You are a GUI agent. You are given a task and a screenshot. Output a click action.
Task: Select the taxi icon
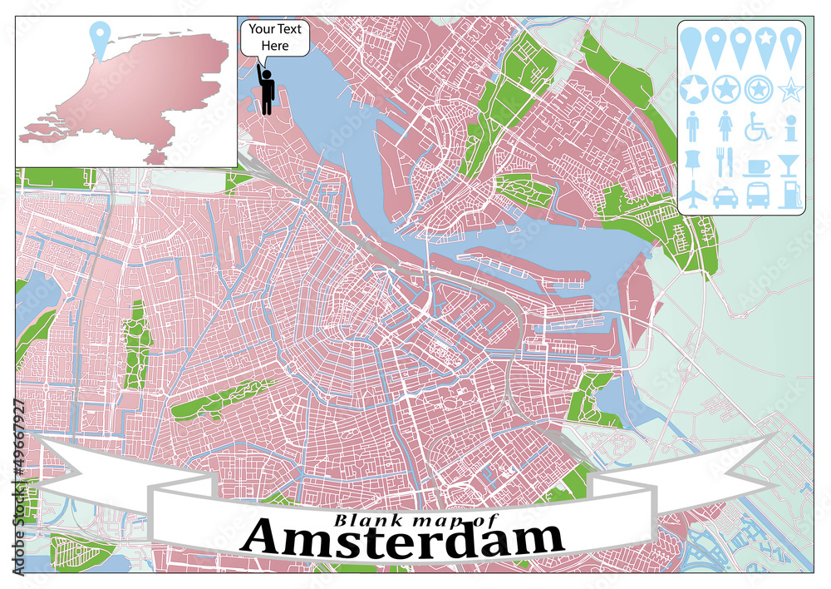(x=725, y=196)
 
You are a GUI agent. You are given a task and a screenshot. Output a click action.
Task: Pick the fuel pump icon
(x=789, y=195)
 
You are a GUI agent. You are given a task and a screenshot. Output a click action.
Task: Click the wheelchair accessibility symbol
(x=758, y=126)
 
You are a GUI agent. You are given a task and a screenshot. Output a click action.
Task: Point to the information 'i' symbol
(x=789, y=126)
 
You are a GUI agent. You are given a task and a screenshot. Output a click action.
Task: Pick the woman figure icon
(x=725, y=126)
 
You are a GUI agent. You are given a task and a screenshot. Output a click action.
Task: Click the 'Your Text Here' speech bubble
(x=275, y=38)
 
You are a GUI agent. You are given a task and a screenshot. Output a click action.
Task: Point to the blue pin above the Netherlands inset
(x=101, y=39)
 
